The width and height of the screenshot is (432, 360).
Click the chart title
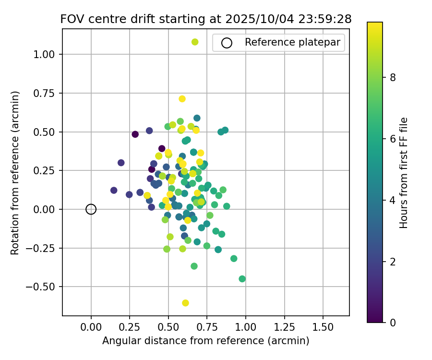[206, 19]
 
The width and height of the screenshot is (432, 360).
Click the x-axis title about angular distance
[206, 341]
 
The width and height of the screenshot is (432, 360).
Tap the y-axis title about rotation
[15, 172]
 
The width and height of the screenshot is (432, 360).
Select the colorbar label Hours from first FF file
[404, 172]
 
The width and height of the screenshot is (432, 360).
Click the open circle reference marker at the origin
[91, 209]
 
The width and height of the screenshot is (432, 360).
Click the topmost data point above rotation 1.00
[195, 42]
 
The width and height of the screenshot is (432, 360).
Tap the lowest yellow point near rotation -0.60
[185, 303]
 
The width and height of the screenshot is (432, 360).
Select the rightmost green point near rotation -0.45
[242, 279]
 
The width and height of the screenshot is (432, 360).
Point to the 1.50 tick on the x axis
[323, 327]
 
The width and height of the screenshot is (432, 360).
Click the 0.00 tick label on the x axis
[91, 327]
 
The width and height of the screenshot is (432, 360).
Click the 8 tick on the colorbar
[392, 77]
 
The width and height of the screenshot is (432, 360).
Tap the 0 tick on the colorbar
[392, 322]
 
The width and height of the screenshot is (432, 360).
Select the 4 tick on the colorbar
[392, 200]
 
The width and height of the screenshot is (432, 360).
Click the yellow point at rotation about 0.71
[182, 99]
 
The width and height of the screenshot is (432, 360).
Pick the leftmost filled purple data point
[114, 191]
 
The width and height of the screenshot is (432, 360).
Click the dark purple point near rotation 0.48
[135, 134]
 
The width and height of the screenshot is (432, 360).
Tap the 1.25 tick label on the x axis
[284, 327]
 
